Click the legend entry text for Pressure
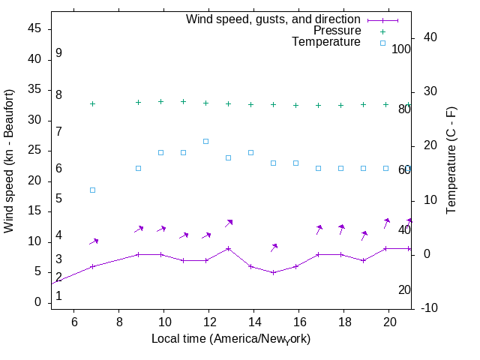337,31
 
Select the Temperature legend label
326,42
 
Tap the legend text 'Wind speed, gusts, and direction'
273,19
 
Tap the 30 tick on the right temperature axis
430,91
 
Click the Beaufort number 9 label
58,54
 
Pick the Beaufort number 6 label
58,169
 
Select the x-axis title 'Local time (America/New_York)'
230,339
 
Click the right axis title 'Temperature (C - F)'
451,160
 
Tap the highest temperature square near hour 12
205,141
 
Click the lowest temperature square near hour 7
93,190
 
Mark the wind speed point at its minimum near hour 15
273,272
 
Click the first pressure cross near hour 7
93,103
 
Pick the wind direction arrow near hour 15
274,247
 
